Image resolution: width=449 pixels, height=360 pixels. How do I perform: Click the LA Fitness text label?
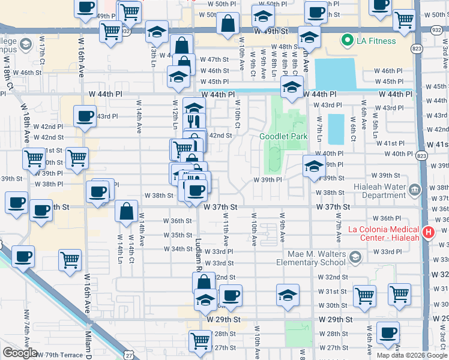pyautogui.click(x=377, y=41)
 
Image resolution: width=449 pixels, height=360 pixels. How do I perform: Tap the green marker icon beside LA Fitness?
pyautogui.click(x=346, y=41)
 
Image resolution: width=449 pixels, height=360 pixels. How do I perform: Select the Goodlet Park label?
pyautogui.click(x=283, y=136)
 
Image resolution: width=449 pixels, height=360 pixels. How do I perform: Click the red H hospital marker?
pyautogui.click(x=429, y=232)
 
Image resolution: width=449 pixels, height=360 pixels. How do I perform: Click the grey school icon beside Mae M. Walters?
pyautogui.click(x=355, y=257)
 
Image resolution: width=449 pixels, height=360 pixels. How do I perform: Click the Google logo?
pyautogui.click(x=20, y=353)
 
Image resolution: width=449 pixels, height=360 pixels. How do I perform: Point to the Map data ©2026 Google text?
pyautogui.click(x=411, y=355)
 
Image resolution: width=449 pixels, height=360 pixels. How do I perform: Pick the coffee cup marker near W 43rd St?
pyautogui.click(x=85, y=115)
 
